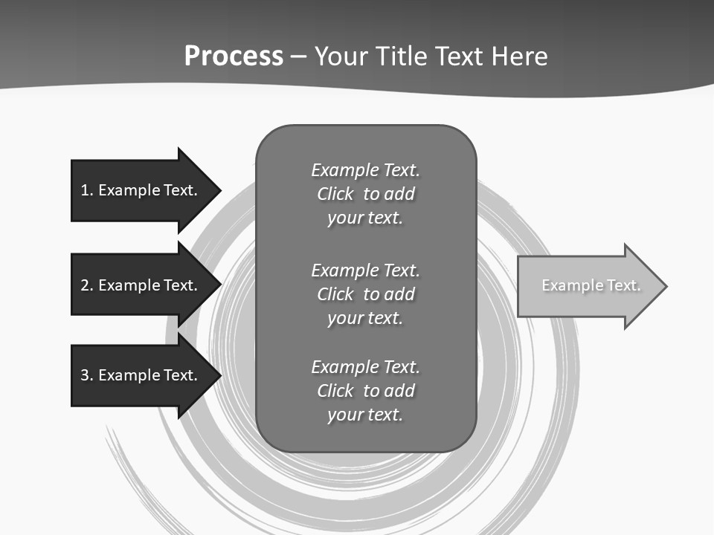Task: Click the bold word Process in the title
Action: tap(234, 56)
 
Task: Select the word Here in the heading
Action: tap(518, 56)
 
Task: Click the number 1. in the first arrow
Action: tap(86, 190)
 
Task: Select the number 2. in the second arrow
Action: tap(86, 285)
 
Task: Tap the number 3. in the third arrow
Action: tap(86, 375)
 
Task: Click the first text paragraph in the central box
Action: tap(365, 194)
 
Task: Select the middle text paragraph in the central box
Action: tap(365, 294)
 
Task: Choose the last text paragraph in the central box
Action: tap(365, 391)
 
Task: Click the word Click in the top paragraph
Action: tap(335, 194)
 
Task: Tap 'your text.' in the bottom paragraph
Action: tap(365, 415)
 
